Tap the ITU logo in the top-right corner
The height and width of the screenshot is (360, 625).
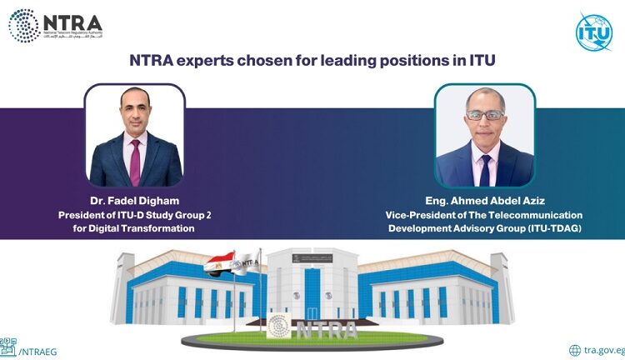pos(594,31)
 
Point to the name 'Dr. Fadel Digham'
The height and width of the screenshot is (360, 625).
pos(134,201)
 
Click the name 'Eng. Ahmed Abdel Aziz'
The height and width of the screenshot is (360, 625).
pos(472,201)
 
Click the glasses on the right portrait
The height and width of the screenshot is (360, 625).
pos(485,114)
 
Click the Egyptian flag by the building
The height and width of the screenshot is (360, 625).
pos(219,264)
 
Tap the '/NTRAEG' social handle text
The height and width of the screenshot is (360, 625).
pos(34,351)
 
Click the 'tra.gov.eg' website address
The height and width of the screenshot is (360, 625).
pos(602,351)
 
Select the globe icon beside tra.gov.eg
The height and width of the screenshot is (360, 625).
pos(575,350)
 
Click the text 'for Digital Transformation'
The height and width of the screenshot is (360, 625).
pos(134,227)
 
